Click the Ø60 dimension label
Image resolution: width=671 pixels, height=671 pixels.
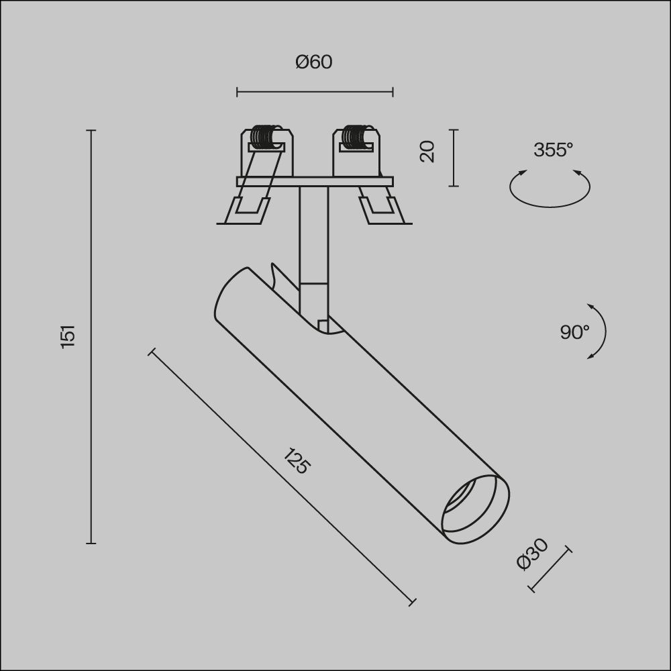coord(314,62)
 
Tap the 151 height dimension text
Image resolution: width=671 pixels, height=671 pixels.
coord(68,335)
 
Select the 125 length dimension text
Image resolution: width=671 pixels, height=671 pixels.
coord(296,461)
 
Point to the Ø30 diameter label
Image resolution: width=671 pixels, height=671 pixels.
coord(533,554)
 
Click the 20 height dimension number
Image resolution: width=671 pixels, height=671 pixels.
coord(427,151)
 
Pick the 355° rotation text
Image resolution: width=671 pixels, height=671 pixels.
coord(553,150)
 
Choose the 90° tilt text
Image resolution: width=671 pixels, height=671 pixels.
coord(574,331)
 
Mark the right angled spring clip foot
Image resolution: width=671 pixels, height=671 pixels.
coord(382,209)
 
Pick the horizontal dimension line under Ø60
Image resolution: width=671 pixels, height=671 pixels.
coord(314,93)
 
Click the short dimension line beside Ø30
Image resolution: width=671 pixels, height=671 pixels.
coord(551,570)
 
